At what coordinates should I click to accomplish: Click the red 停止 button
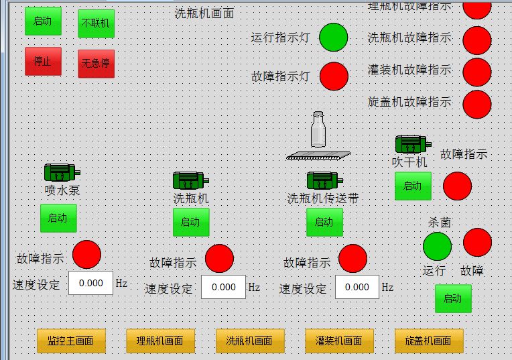point(43,61)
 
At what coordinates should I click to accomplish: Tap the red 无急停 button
point(96,64)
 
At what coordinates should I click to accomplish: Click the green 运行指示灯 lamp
point(333,38)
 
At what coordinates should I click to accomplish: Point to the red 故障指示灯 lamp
point(334,76)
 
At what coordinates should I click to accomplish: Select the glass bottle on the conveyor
point(318,130)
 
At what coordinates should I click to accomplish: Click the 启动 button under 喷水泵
point(58,218)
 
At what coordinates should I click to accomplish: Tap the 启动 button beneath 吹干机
point(413,186)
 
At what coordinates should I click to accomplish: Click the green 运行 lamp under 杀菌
point(437,246)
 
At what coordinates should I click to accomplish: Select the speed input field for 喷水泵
point(90,283)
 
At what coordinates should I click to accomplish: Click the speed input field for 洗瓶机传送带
point(357,287)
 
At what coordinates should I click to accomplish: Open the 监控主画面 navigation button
point(71,341)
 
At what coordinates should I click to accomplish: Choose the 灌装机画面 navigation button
point(338,341)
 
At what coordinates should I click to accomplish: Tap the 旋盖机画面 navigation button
point(429,341)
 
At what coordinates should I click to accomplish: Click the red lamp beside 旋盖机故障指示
point(476,104)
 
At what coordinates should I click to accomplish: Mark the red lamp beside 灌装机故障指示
point(476,72)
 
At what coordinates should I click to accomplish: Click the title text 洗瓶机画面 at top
point(204,13)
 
